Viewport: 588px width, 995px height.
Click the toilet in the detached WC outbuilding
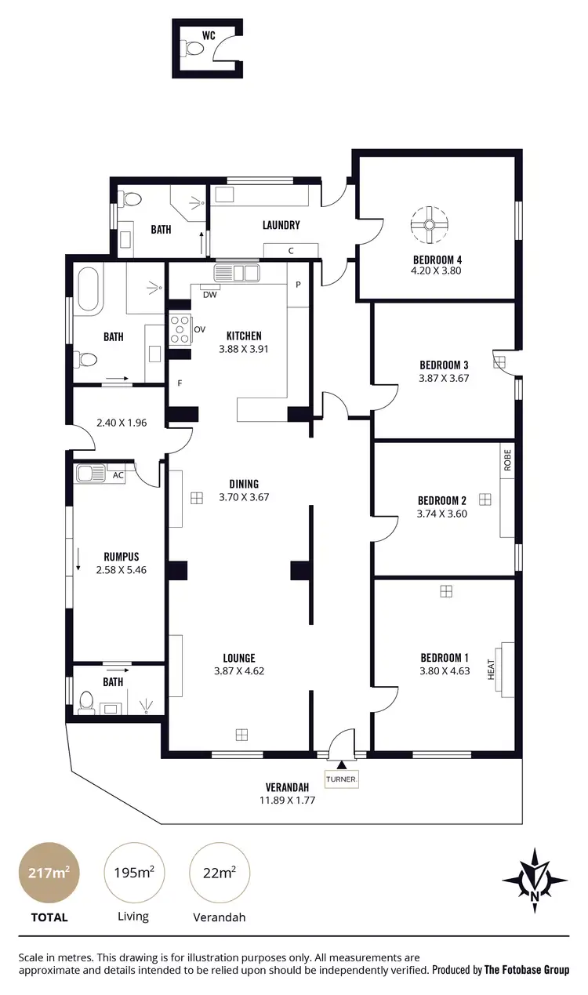point(193,49)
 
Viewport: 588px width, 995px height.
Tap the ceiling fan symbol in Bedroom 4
point(430,225)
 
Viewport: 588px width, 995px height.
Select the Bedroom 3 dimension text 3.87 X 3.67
point(444,378)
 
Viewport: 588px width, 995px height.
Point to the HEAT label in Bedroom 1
point(492,669)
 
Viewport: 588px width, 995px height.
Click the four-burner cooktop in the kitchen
point(180,329)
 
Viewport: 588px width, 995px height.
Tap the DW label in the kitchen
point(209,295)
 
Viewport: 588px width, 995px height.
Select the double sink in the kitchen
point(236,273)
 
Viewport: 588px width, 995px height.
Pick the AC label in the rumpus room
point(118,475)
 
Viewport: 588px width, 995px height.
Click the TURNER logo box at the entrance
point(341,779)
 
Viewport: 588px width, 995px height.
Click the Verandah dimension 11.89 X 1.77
point(287,801)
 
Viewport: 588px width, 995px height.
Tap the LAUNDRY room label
point(281,226)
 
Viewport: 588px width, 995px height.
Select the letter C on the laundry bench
point(291,251)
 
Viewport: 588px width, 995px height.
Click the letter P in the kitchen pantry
point(298,285)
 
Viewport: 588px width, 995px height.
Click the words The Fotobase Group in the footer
point(527,970)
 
